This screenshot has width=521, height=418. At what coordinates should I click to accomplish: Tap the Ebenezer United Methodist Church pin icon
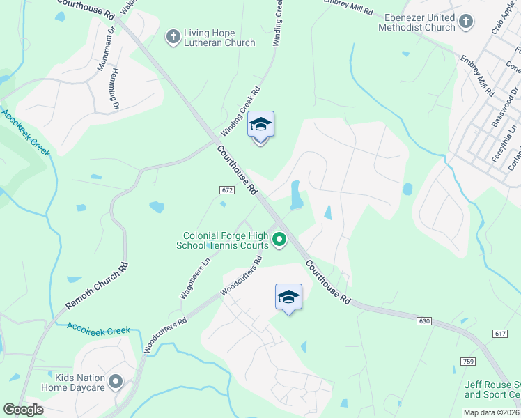(466, 22)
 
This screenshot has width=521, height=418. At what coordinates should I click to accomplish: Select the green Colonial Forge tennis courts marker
(279, 240)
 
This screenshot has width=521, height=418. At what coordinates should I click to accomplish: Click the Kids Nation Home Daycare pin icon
(116, 382)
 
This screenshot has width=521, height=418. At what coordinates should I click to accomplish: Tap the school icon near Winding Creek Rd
(260, 125)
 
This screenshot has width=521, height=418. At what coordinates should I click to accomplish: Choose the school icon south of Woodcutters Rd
(288, 297)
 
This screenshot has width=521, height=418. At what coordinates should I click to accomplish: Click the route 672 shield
(226, 189)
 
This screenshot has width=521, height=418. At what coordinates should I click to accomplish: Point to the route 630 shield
(425, 321)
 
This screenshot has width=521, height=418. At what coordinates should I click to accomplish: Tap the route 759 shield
(467, 360)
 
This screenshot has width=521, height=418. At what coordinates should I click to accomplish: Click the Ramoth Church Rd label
(98, 286)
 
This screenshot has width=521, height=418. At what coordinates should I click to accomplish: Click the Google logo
(23, 410)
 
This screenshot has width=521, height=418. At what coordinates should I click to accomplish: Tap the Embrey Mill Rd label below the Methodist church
(476, 76)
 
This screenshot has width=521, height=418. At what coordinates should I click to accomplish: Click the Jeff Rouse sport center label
(492, 389)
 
